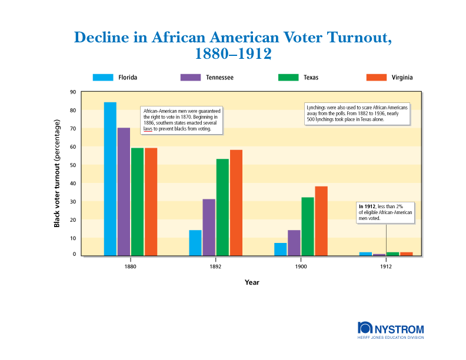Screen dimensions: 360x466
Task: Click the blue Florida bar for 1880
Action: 110,179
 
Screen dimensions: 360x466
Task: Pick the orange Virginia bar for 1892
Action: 236,202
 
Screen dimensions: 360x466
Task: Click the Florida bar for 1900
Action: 280,249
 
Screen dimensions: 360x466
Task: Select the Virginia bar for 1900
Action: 321,221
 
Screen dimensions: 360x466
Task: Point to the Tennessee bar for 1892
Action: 209,227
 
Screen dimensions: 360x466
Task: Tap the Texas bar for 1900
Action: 308,226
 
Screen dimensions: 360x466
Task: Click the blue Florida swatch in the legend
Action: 102,77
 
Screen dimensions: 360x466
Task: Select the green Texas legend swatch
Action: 288,77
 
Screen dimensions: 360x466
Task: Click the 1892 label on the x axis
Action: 215,266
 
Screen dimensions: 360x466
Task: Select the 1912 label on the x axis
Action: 386,266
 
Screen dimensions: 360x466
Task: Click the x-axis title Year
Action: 252,282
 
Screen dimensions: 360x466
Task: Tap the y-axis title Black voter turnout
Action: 57,173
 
